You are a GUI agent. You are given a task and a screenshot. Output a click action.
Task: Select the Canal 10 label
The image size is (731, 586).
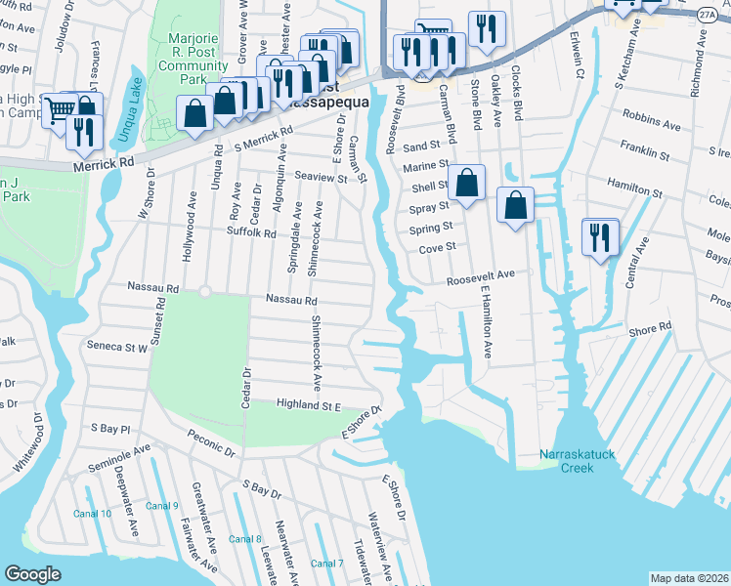click(x=93, y=514)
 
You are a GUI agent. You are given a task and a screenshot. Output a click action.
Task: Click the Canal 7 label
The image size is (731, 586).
click(x=326, y=564)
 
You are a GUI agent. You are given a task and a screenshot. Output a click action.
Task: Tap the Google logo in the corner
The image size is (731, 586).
click(x=33, y=574)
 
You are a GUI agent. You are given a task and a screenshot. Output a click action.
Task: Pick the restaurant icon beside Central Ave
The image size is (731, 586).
click(x=598, y=237)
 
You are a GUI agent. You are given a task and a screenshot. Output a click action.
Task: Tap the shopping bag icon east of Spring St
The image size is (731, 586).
click(x=515, y=205)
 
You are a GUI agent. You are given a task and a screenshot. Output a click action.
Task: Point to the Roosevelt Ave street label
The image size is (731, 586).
click(x=480, y=277)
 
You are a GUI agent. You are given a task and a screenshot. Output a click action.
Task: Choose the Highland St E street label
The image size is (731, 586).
click(x=307, y=403)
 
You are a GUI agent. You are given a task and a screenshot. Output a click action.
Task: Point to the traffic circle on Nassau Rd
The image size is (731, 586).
click(x=204, y=291)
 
